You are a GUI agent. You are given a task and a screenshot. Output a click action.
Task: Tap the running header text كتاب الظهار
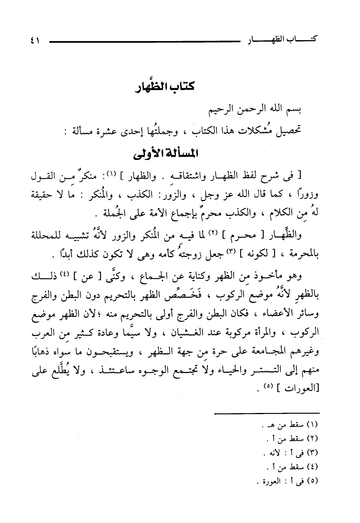pos(281,38)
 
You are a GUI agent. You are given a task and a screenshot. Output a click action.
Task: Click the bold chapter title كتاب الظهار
pos(164,87)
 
